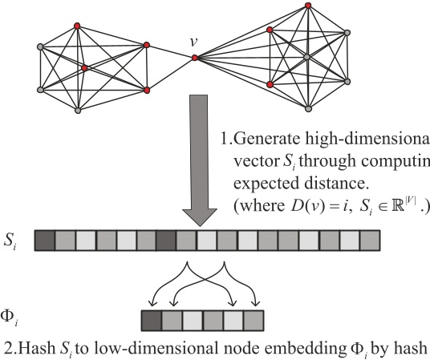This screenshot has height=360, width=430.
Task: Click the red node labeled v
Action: [194, 58]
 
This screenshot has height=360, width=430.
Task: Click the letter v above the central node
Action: [193, 40]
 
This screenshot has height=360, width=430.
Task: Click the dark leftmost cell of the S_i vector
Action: [46, 240]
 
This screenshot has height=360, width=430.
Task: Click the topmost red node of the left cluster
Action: [76, 26]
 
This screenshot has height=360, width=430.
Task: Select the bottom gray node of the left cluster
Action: [77, 111]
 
